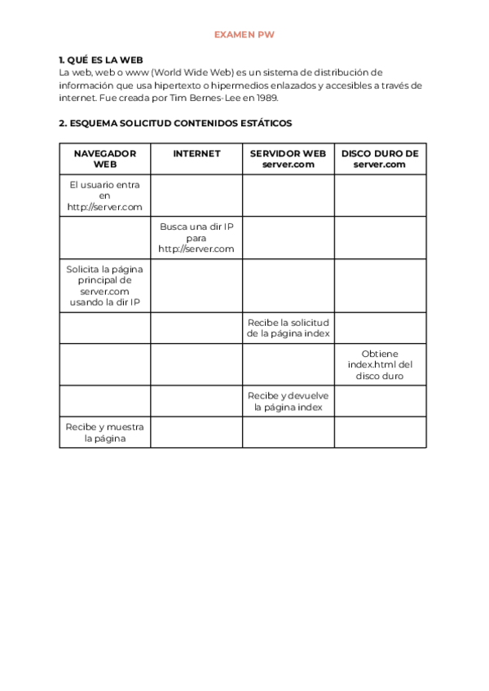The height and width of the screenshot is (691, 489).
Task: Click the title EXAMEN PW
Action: point(244,35)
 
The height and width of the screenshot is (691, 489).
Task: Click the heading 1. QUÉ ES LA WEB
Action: point(101,60)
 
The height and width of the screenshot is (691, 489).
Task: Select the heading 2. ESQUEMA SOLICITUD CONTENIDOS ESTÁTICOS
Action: point(175,124)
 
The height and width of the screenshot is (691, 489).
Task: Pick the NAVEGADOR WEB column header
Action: point(105,158)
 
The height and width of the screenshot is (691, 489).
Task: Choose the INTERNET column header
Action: point(196,153)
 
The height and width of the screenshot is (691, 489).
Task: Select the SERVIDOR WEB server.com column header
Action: point(288,158)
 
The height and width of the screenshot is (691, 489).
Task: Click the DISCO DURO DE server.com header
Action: point(380,158)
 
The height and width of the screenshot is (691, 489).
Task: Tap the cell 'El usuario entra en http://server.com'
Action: point(105,196)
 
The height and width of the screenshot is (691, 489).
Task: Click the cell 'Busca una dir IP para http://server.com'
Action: point(196,237)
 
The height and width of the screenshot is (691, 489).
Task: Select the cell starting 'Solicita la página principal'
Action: point(105,285)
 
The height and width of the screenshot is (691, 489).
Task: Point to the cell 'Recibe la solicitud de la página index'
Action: point(288,328)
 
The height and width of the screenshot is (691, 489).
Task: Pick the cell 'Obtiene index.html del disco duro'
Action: point(380,364)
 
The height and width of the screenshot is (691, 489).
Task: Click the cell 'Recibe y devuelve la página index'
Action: point(288,401)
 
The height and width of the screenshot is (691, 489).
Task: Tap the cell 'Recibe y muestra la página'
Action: point(105,432)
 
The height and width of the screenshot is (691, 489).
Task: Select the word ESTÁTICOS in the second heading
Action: point(264,124)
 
